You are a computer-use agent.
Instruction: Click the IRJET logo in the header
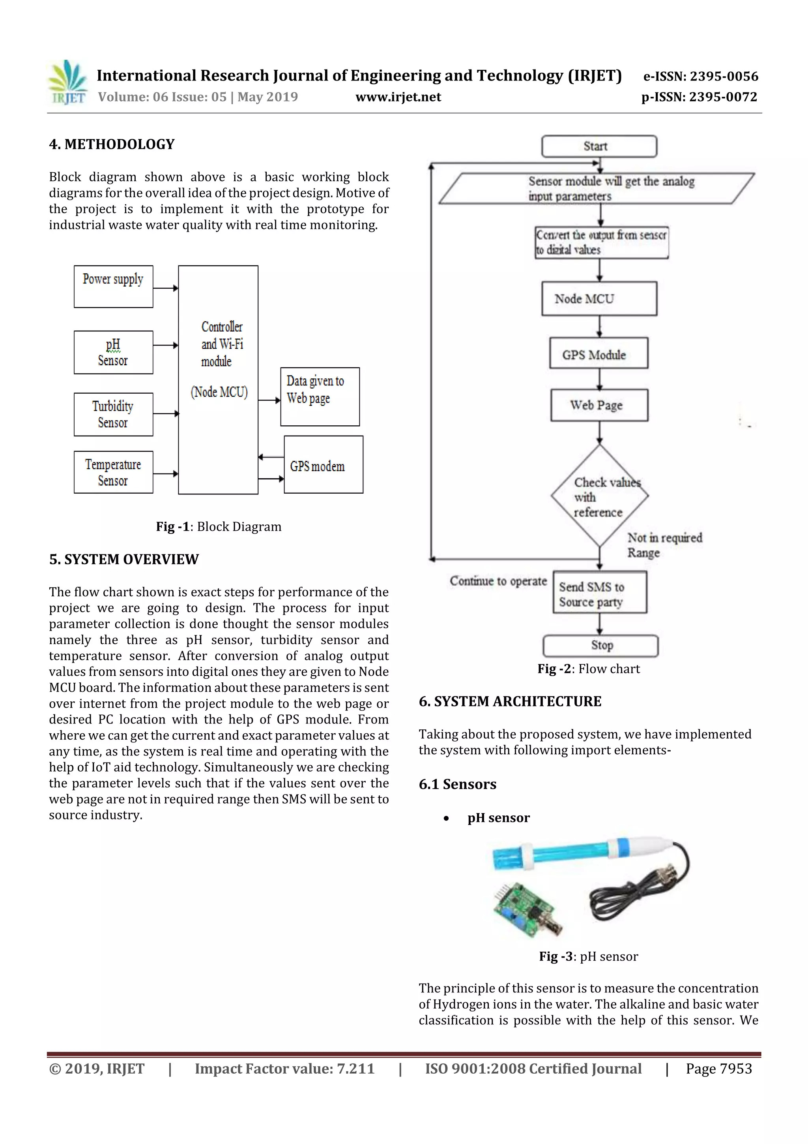click(68, 82)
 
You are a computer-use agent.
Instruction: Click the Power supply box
click(113, 287)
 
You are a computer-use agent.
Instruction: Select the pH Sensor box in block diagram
click(113, 352)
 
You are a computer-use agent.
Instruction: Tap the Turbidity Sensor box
click(113, 414)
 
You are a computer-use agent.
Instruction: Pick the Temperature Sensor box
click(113, 472)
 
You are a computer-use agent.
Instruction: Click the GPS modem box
click(323, 464)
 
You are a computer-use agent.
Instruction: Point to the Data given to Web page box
click(320, 396)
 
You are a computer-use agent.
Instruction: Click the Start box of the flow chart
click(599, 146)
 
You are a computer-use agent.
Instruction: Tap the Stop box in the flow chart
click(600, 645)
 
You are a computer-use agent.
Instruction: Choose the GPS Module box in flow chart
click(599, 354)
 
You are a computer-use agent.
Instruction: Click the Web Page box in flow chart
click(599, 405)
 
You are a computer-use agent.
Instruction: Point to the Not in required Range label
click(664, 545)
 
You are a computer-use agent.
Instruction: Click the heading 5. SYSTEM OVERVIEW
click(123, 559)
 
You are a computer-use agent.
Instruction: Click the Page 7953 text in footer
click(718, 1068)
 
